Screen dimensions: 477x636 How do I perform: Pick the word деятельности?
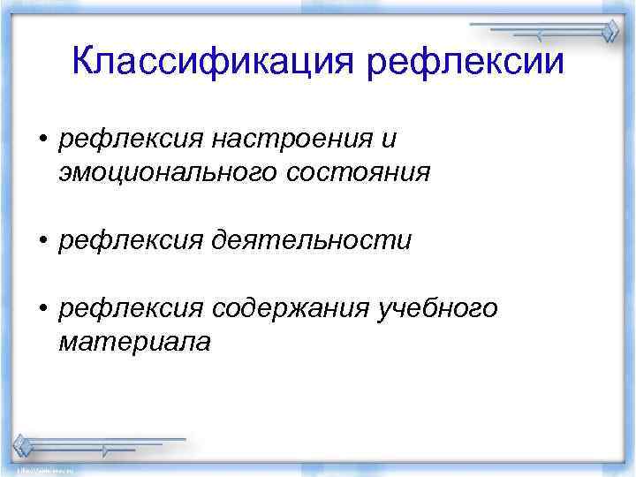click(311, 239)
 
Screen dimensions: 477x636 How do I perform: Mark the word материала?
click(134, 341)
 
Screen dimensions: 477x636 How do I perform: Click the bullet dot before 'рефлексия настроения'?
click(42, 140)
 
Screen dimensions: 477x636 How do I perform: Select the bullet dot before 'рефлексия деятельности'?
click(42, 240)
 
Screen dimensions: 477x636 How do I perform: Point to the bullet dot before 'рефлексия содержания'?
click(42, 308)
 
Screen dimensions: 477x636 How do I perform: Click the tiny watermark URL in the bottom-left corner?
click(26, 472)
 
